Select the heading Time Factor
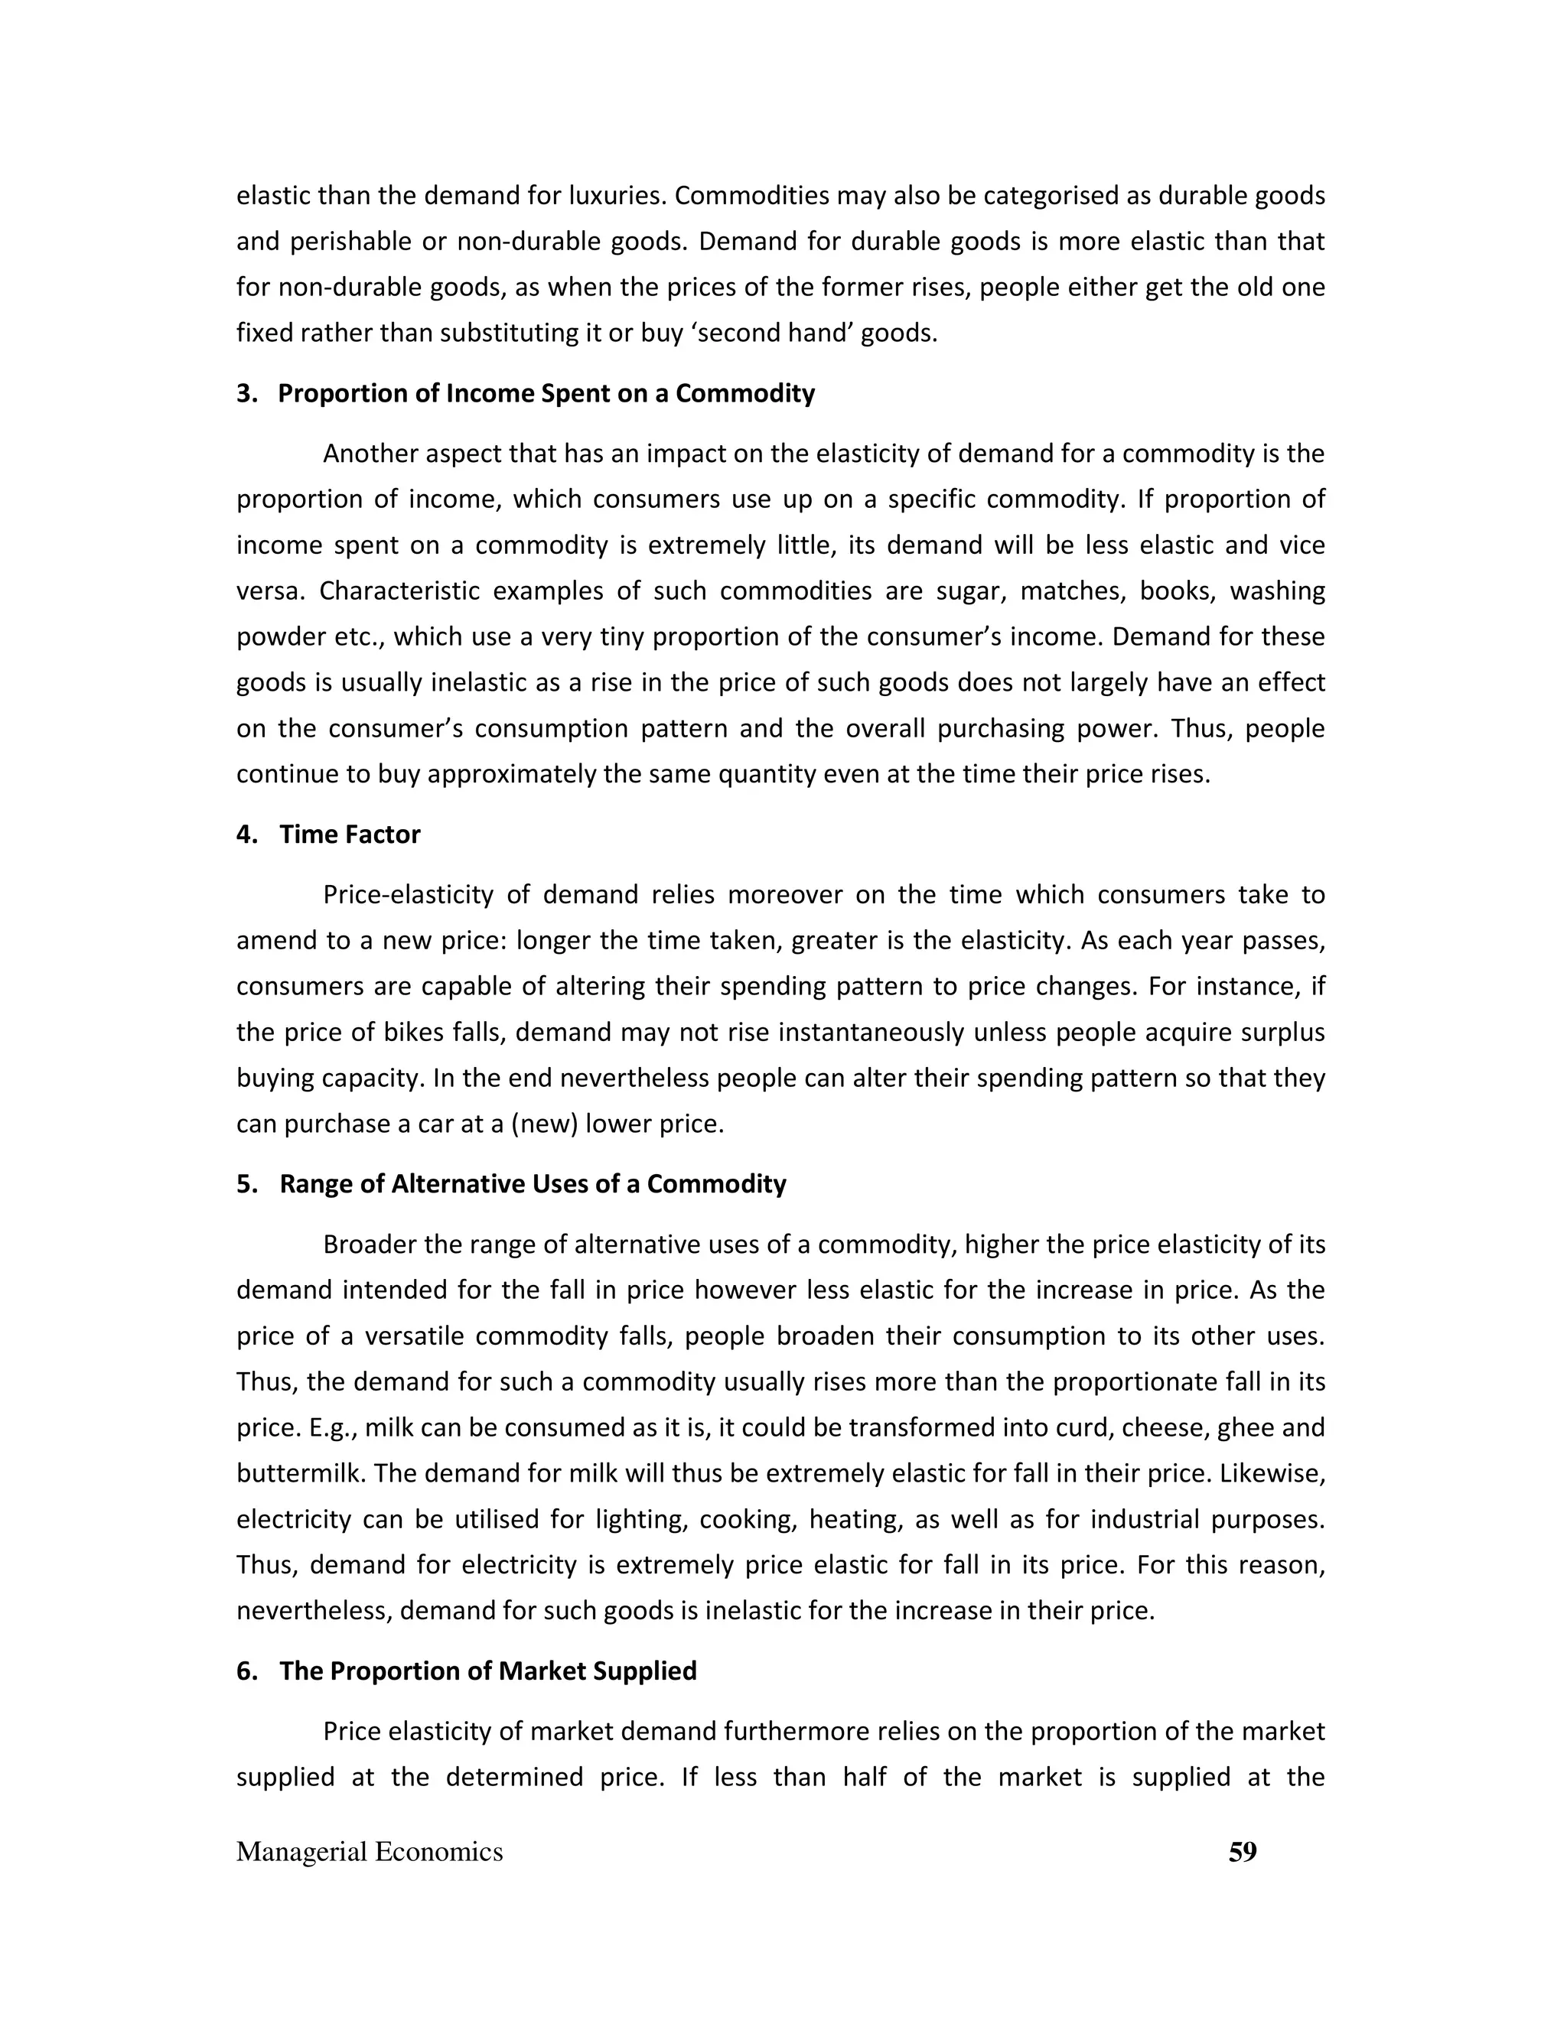350,835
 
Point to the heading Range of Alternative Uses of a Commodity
533,1184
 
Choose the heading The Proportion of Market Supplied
488,1671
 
